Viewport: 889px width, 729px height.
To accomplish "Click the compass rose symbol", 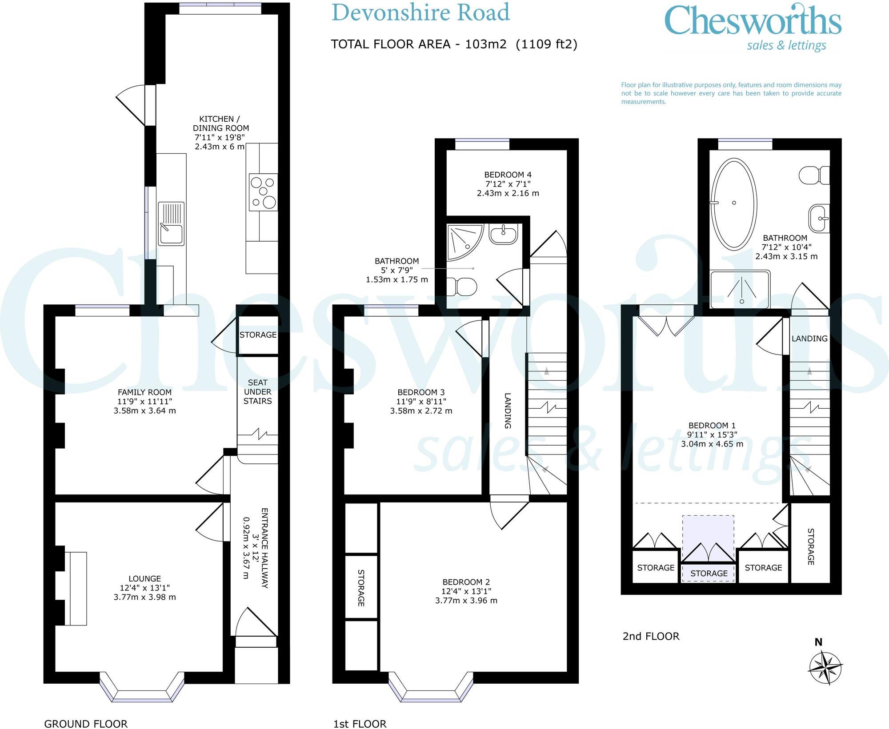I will [825, 667].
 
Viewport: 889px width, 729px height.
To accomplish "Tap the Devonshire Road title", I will [420, 12].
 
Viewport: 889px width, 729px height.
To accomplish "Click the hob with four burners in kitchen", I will [263, 192].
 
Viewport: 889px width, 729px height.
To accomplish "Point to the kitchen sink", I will [171, 223].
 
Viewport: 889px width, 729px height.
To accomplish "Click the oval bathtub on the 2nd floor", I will [734, 203].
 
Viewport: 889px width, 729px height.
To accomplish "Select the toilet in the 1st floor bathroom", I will [461, 287].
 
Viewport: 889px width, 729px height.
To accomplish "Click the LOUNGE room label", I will [144, 578].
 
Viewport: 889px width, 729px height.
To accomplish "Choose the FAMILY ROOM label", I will [144, 392].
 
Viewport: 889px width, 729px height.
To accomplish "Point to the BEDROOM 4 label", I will [508, 175].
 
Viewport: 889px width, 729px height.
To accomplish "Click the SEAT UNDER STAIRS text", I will [257, 392].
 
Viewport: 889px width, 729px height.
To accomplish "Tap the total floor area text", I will [454, 44].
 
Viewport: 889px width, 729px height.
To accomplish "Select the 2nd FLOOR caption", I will [651, 636].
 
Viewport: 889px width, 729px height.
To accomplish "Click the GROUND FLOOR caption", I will [86, 724].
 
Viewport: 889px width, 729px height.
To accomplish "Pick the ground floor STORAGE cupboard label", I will [258, 335].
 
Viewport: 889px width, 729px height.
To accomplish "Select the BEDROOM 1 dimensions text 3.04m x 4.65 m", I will [712, 444].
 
